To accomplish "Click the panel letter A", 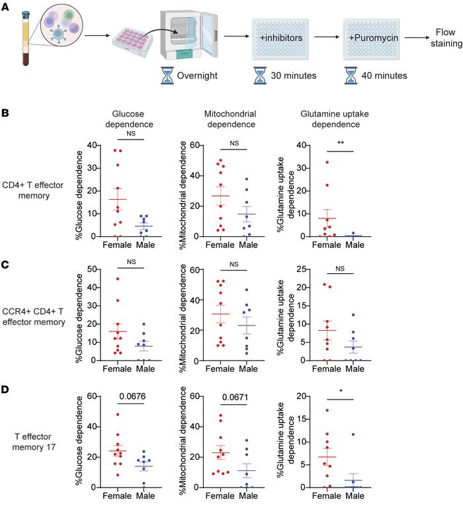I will (x=6, y=6).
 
